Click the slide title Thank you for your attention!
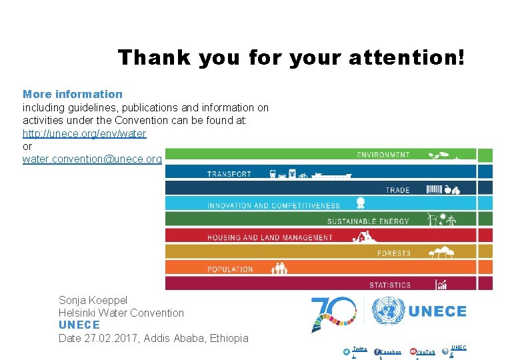291,57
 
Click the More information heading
73,94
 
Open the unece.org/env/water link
85,133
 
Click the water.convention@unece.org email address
92,159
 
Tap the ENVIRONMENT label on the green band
383,155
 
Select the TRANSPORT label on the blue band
229,174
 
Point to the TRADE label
398,190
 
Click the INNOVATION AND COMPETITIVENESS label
273,206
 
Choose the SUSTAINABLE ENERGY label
368,221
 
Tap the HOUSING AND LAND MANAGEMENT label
270,237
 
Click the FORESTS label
394,253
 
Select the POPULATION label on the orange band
230,269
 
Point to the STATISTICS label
390,285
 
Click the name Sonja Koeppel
93,300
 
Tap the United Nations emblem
388,311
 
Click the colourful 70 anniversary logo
333,313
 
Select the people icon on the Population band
279,269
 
